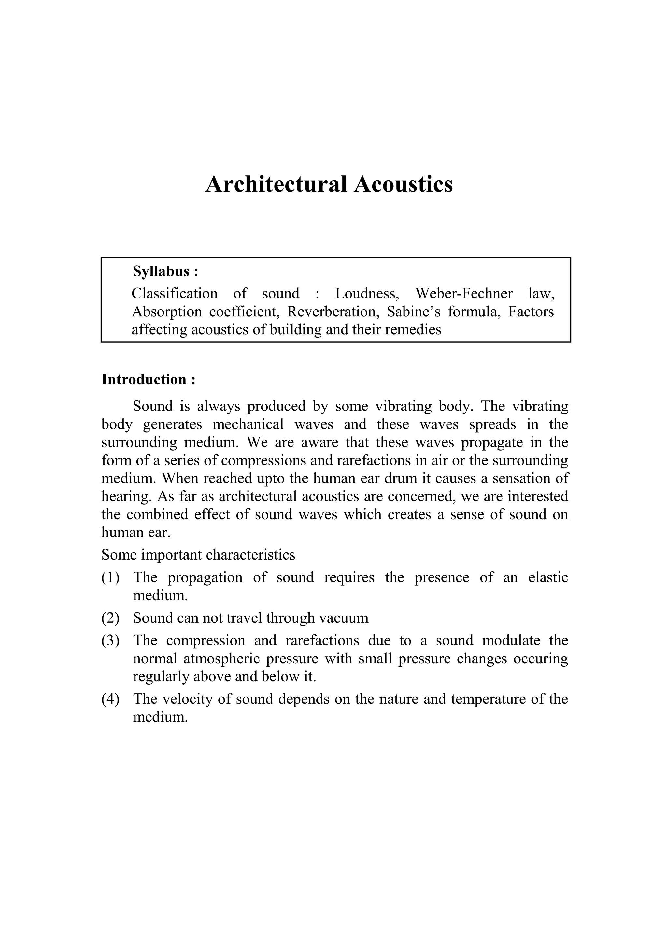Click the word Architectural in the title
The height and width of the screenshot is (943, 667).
(276, 185)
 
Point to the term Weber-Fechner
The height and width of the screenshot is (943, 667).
(464, 294)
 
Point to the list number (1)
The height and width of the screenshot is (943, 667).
(110, 578)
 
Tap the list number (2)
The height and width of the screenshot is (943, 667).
(110, 618)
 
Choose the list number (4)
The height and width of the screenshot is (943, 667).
(110, 699)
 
